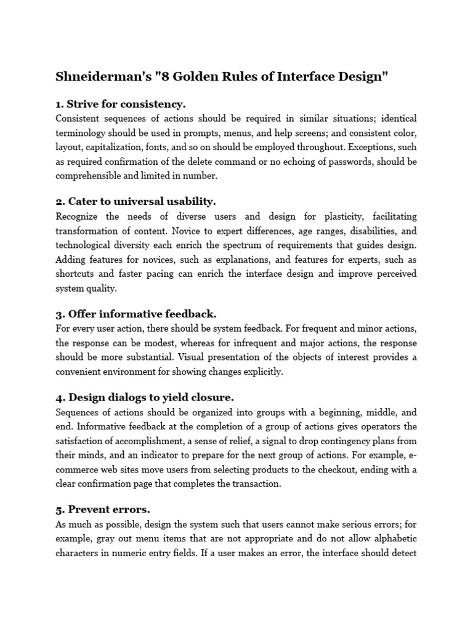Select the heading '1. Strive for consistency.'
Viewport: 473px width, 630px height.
click(x=121, y=104)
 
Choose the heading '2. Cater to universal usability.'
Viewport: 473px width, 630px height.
click(x=135, y=201)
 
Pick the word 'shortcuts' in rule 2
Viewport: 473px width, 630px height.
click(x=75, y=273)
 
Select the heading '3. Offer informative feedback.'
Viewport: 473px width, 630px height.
click(x=135, y=314)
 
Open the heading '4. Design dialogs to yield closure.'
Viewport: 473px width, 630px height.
click(x=145, y=397)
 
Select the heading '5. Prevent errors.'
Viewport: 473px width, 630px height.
click(x=103, y=509)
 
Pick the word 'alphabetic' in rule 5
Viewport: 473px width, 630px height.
click(x=394, y=539)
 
